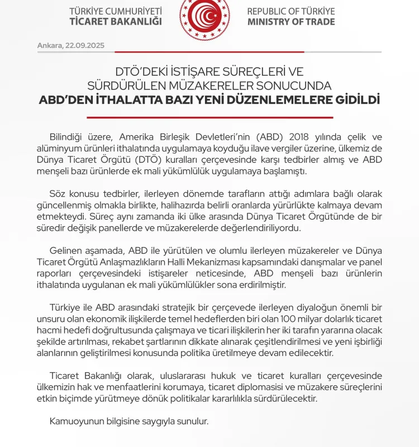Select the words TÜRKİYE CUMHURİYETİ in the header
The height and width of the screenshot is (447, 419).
[x=116, y=11]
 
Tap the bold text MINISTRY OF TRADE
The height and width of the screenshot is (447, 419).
[x=291, y=22]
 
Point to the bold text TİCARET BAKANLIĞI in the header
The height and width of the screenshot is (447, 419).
[x=116, y=22]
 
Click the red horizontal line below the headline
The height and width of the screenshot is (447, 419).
[x=209, y=117]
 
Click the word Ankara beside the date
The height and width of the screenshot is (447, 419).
[x=49, y=45]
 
